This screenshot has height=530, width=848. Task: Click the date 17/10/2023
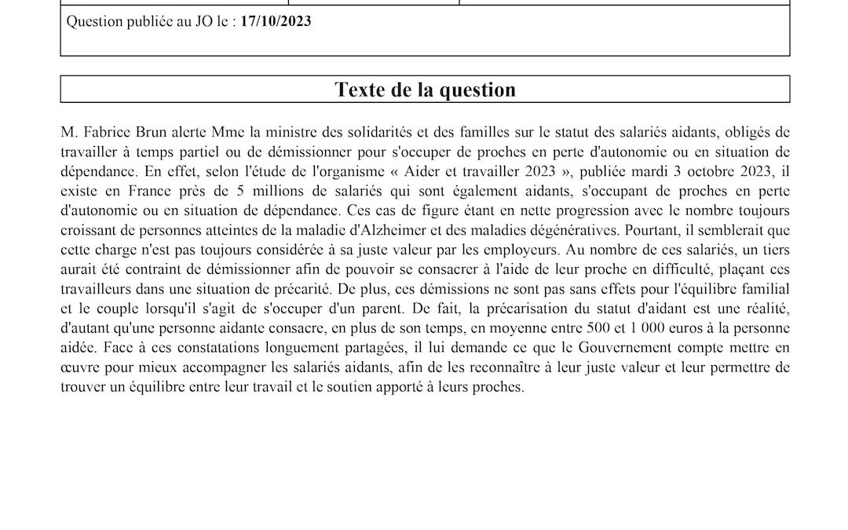[276, 22]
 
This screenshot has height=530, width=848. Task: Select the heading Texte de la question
[425, 90]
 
